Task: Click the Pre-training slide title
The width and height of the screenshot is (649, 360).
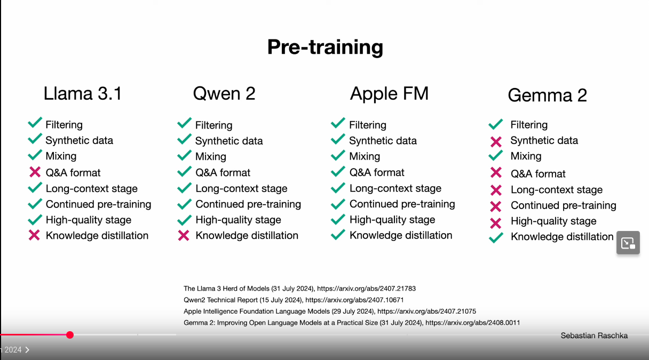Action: (325, 47)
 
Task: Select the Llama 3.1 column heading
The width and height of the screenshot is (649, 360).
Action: (83, 93)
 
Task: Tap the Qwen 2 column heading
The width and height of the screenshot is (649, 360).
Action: (224, 93)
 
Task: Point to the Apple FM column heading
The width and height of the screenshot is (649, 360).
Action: (389, 93)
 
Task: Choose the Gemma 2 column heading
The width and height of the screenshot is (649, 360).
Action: (547, 95)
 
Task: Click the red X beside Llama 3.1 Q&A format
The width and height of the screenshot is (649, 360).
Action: (35, 172)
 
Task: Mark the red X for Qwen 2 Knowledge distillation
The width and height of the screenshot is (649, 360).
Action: (184, 235)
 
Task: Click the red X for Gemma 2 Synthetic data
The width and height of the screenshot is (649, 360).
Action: (496, 142)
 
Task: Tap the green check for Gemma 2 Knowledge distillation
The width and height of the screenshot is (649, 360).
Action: (496, 237)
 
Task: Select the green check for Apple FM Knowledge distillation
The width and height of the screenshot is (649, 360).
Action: (338, 235)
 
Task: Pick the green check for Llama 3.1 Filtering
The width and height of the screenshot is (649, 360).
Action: (35, 123)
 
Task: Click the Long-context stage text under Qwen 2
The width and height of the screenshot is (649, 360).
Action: (241, 189)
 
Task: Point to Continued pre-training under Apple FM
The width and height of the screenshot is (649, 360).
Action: (402, 204)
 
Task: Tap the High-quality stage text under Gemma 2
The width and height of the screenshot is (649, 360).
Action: (553, 221)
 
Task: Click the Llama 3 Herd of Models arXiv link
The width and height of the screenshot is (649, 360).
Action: (366, 289)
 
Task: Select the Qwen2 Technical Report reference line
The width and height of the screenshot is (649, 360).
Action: (294, 300)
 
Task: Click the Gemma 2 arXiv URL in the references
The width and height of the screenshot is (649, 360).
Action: (472, 323)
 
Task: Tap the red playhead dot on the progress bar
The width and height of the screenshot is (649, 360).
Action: (70, 335)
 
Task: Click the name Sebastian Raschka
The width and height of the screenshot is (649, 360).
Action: (594, 335)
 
